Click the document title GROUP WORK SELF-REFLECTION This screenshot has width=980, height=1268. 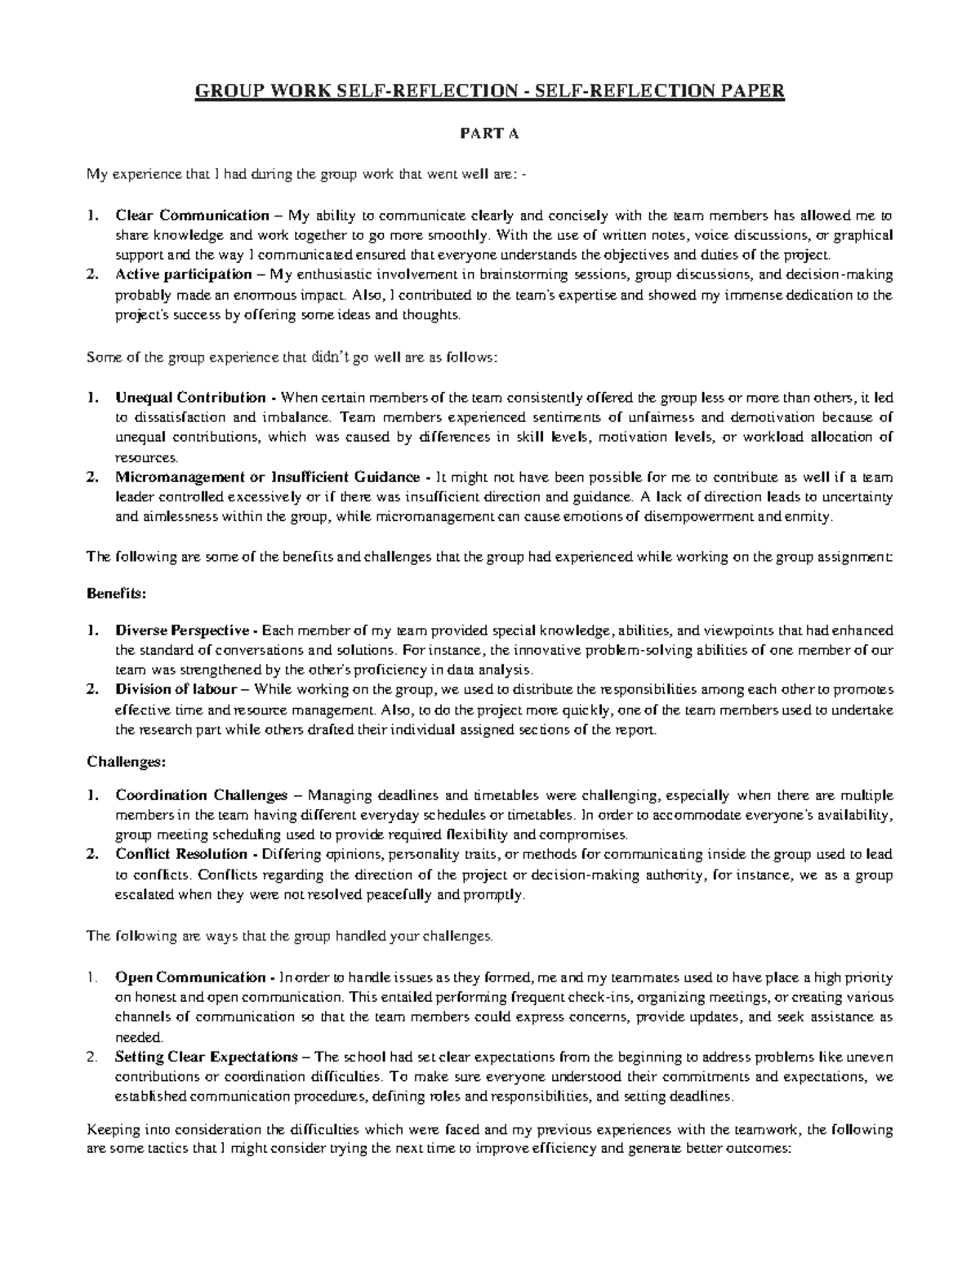488,91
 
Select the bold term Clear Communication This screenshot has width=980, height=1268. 192,216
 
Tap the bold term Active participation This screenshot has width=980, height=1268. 184,274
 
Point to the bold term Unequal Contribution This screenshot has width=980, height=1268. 190,398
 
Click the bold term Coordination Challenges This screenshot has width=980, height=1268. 202,795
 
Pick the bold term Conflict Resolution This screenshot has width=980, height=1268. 181,854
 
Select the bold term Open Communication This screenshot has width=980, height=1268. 190,978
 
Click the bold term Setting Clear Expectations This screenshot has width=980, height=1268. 207,1057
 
